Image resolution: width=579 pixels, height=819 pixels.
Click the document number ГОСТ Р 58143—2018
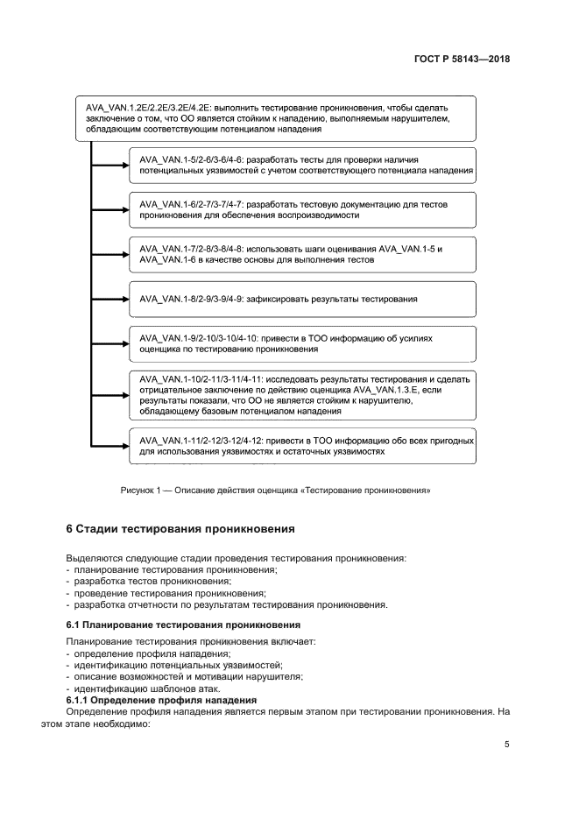(x=462, y=60)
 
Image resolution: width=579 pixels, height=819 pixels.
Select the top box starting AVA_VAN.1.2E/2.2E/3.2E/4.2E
(x=274, y=117)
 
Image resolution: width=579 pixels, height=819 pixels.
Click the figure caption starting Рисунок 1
(x=275, y=491)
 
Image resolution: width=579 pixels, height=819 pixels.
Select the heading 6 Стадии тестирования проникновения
(x=180, y=529)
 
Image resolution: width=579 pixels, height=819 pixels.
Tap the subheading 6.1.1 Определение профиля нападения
(x=161, y=700)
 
